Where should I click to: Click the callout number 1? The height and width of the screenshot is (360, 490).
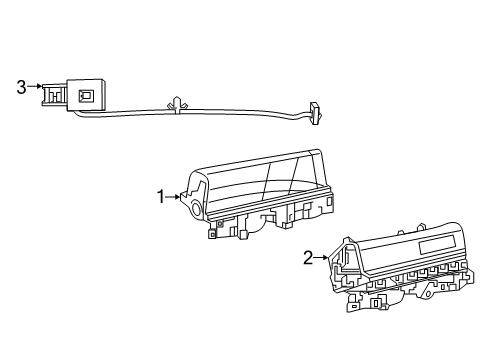point(158,197)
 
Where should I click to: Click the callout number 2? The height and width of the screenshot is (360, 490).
point(308,258)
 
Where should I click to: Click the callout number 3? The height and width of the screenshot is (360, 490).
point(21,87)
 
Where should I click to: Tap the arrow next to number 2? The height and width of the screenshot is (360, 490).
point(322,258)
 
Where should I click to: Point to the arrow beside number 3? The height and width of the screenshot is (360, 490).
point(35,87)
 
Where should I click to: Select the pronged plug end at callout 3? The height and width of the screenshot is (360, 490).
point(50,93)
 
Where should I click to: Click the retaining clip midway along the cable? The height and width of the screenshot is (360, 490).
point(178,104)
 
